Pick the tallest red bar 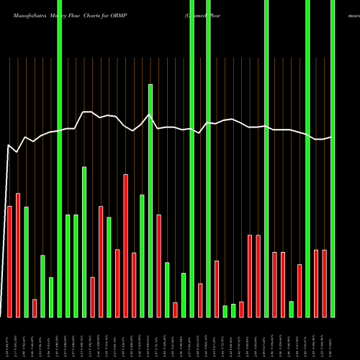coord(126,245)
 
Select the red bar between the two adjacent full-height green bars coord(200,300)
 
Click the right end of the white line coord(332,137)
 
